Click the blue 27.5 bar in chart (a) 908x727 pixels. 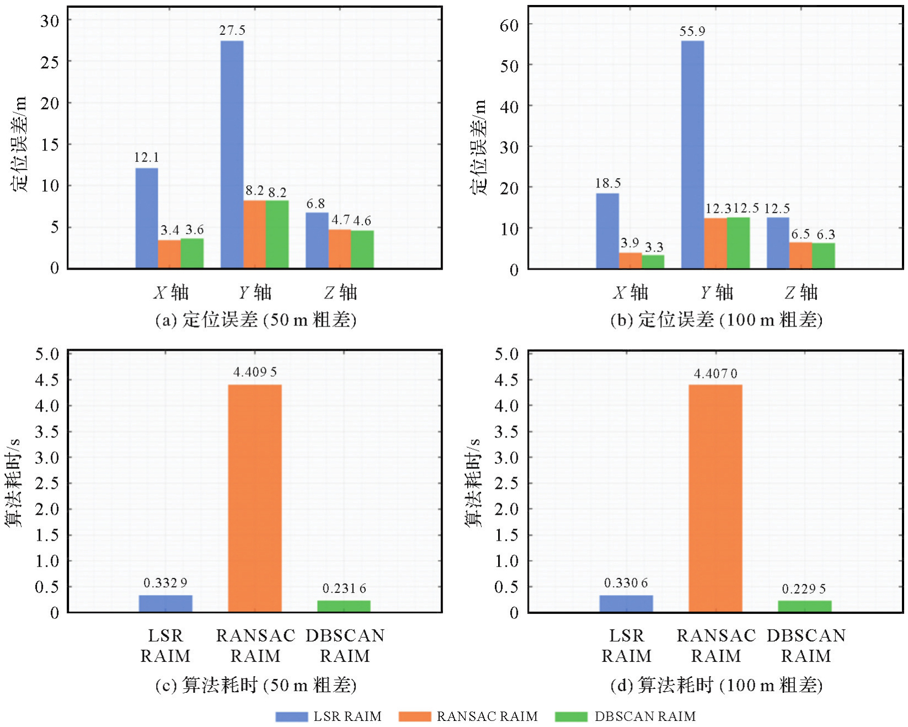(232, 154)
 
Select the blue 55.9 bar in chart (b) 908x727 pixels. (692, 154)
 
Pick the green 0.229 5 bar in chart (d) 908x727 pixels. (805, 606)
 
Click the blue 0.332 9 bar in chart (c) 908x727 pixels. (165, 603)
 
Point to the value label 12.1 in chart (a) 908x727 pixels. (146, 158)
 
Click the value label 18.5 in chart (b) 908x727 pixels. (608, 183)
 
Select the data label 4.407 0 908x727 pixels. (715, 374)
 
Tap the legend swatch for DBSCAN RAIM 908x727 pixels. (571, 717)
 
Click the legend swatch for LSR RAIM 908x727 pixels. (291, 717)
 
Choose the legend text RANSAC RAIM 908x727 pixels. (487, 717)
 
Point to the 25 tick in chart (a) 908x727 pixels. (50, 62)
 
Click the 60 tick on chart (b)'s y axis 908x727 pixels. (509, 25)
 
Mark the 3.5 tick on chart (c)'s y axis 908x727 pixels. (47, 432)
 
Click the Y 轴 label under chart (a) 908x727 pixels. (255, 292)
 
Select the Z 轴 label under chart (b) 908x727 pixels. (801, 292)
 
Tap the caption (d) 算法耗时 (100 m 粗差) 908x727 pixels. (717, 686)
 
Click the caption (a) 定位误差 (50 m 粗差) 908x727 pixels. (255, 320)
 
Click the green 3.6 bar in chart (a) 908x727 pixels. (192, 253)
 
